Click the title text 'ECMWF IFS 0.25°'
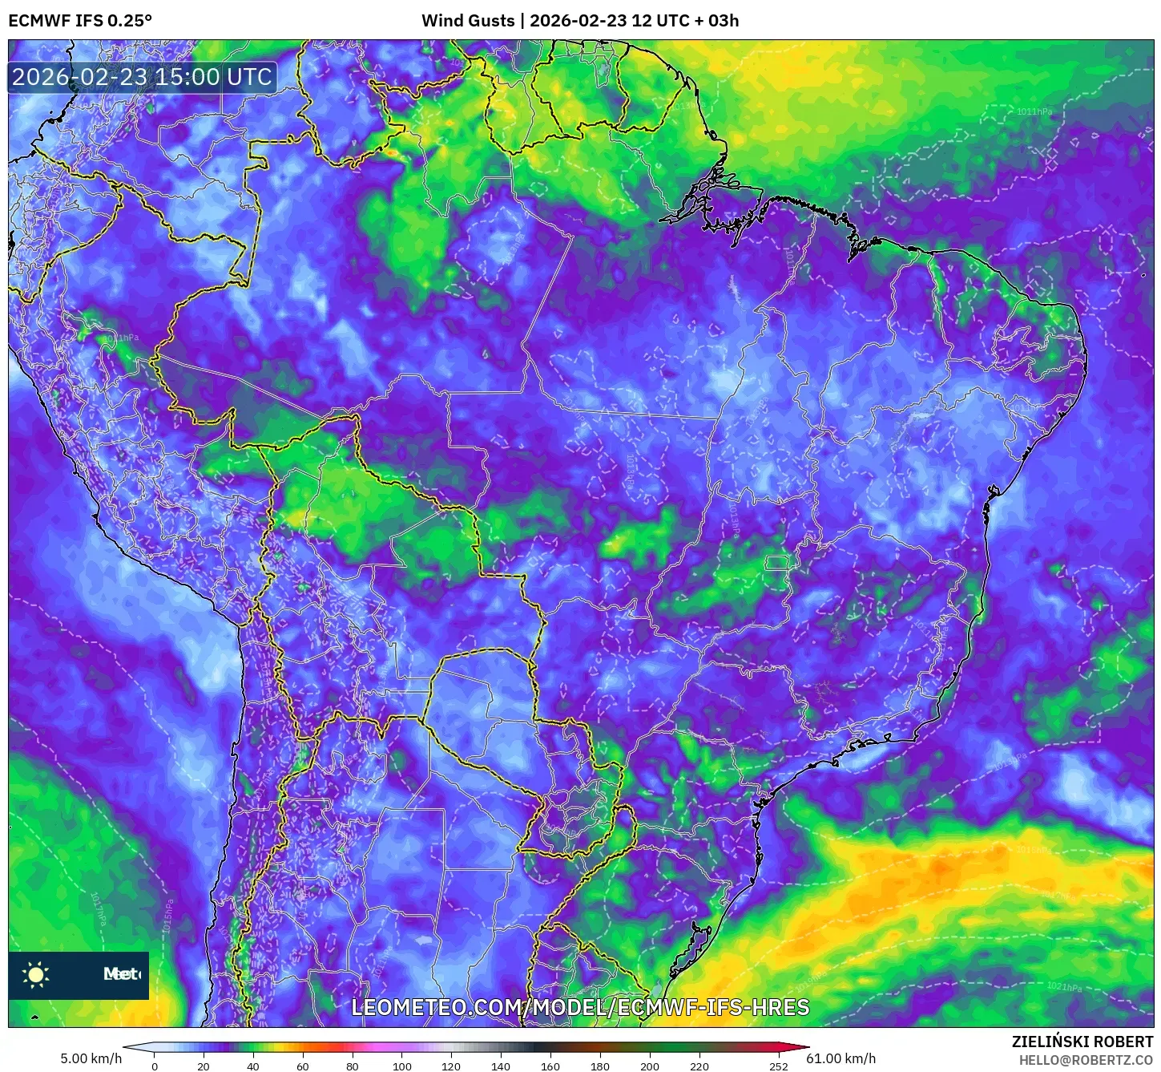[x=80, y=21]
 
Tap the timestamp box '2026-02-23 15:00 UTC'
[x=142, y=77]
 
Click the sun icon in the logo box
[x=36, y=974]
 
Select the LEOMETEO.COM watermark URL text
[x=580, y=1007]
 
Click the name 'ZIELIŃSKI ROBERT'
[x=1082, y=1042]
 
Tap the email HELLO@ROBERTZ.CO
[x=1086, y=1060]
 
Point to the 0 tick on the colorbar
[x=155, y=1066]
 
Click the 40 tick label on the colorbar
[x=253, y=1066]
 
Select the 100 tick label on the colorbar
[x=402, y=1066]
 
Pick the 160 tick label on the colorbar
[x=550, y=1066]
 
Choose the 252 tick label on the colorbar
[x=779, y=1066]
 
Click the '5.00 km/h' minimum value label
[x=91, y=1058]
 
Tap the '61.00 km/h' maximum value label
[x=841, y=1058]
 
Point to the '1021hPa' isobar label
[x=1064, y=987]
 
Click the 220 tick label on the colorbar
[x=699, y=1066]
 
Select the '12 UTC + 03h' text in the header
[x=685, y=21]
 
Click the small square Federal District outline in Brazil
[x=776, y=563]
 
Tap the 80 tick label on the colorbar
[x=353, y=1066]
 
